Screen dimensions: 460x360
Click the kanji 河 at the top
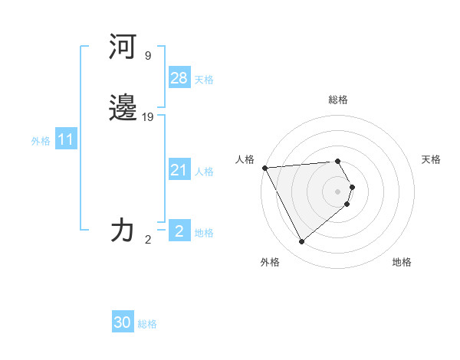[123, 47]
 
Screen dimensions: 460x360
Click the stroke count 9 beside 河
[148, 56]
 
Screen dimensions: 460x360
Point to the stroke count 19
[148, 117]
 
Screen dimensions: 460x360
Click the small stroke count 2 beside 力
[148, 239]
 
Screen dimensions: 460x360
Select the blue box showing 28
[179, 78]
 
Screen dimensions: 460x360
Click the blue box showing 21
[179, 170]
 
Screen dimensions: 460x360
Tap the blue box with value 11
[66, 139]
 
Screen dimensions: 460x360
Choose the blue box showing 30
[123, 322]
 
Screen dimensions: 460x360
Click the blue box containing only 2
[179, 231]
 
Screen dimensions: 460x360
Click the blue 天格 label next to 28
[204, 80]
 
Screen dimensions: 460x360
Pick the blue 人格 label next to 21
[204, 172]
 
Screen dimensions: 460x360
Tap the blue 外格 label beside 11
[41, 141]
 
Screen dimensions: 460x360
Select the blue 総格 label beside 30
[147, 324]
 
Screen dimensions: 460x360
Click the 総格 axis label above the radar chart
[338, 100]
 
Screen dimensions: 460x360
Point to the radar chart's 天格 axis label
[431, 159]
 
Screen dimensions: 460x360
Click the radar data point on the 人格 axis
[264, 168]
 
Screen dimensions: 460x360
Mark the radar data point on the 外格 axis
[301, 242]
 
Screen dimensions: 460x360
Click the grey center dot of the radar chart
[338, 191]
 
